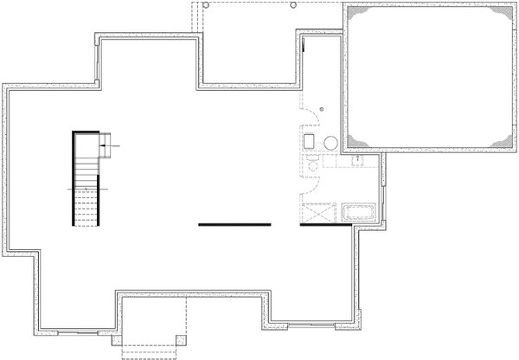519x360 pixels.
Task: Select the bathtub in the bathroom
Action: point(357,213)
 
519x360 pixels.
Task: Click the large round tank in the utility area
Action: point(330,145)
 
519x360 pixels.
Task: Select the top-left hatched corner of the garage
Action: point(355,14)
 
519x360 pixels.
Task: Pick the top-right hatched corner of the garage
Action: point(500,14)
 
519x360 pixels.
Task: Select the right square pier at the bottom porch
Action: point(180,339)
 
